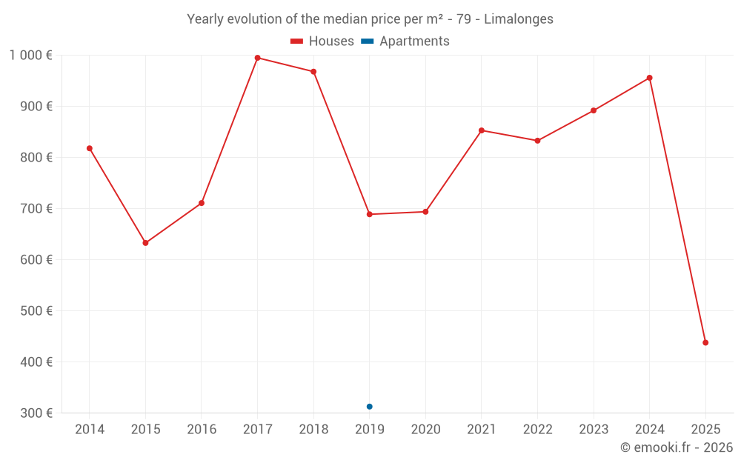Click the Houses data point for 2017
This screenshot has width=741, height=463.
point(257,58)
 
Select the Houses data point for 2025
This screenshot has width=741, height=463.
point(705,343)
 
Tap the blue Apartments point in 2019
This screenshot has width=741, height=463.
point(369,407)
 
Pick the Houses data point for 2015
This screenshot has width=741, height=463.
point(145,243)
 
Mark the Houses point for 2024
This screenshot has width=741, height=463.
point(650,78)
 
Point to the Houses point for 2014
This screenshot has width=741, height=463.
point(90,148)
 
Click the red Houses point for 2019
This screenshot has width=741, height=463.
point(369,214)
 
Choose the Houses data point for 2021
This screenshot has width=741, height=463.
point(482,130)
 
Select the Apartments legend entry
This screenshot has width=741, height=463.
point(414,41)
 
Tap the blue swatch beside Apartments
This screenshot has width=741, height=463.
point(368,41)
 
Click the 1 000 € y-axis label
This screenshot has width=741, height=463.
point(31,55)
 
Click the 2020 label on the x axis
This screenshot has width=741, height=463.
point(425,430)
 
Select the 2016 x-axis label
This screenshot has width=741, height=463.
point(202,430)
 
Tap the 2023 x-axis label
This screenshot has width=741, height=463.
point(594,430)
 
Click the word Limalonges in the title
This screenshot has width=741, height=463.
point(519,19)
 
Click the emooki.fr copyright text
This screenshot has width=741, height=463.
point(677,447)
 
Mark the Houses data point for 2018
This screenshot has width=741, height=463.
point(313,72)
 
